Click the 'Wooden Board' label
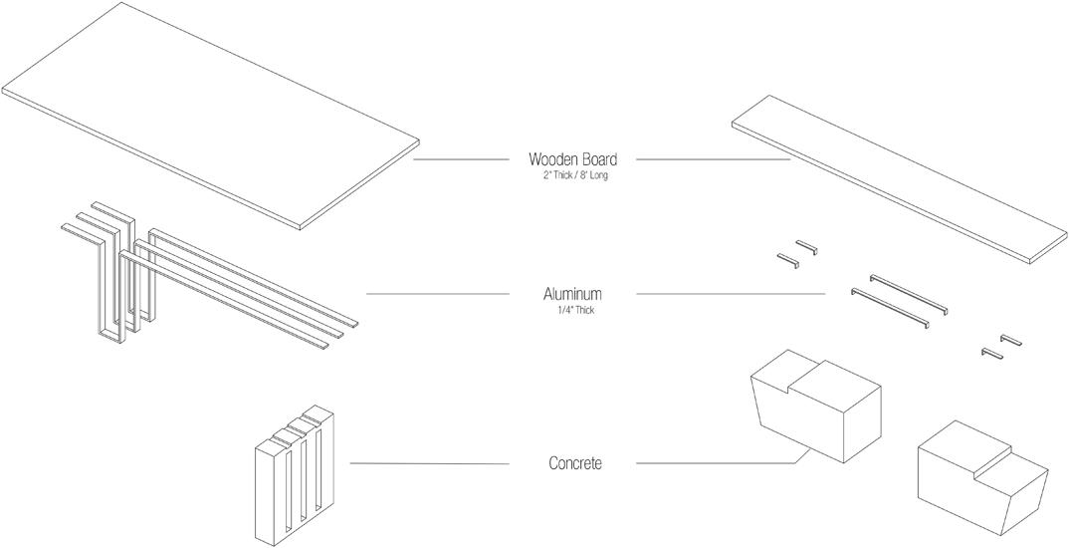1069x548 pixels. [x=572, y=159]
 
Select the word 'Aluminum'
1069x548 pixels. [x=572, y=294]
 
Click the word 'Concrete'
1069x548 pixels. [x=574, y=463]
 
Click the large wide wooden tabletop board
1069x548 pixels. [x=209, y=110]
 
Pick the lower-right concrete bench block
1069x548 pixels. [x=980, y=476]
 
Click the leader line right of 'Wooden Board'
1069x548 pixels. [x=712, y=159]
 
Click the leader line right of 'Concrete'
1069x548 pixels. [x=717, y=463]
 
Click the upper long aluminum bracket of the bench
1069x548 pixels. [x=909, y=294]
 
